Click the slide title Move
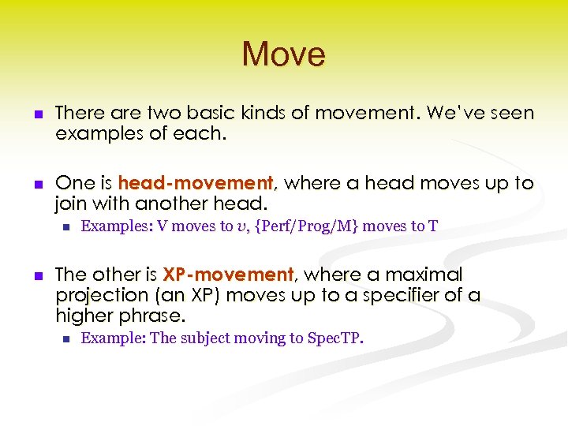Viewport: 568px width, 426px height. coord(283,54)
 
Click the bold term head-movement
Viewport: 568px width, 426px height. coord(195,184)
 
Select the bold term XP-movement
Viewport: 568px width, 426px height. coord(228,275)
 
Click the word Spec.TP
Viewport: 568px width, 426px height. coord(335,338)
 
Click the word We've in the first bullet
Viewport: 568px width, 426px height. coord(452,114)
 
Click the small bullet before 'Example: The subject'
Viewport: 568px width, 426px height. coord(66,339)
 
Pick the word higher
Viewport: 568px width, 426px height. coord(84,316)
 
